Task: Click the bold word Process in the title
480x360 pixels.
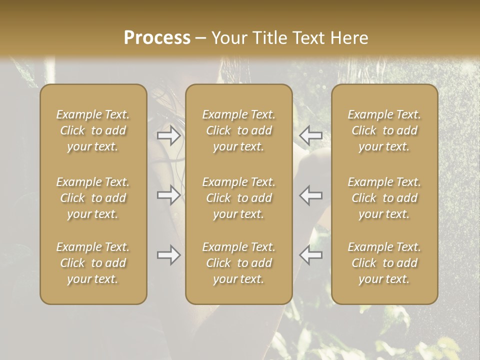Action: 157,38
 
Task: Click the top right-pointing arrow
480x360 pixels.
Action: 169,135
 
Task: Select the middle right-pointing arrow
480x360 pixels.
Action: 169,195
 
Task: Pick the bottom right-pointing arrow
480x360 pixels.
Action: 169,255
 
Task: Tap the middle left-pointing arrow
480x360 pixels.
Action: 310,195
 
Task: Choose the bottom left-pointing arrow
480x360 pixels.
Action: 310,255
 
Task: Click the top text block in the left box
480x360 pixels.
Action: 93,130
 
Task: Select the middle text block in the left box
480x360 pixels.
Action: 93,198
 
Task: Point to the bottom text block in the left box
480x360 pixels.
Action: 93,263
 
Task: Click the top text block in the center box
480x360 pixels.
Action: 238,130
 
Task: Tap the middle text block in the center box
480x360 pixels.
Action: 238,198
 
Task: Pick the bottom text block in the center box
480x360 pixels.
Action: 238,263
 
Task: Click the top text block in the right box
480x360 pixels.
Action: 384,130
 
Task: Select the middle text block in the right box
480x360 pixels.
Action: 384,198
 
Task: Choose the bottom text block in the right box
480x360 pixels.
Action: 384,263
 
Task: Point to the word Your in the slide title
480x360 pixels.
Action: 227,38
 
